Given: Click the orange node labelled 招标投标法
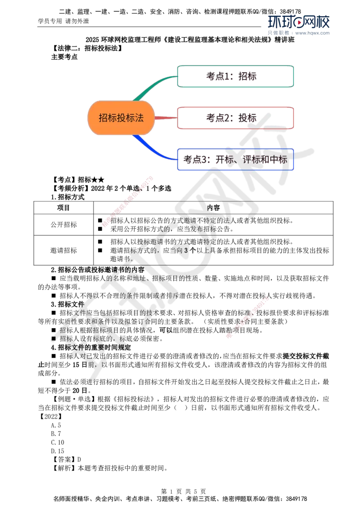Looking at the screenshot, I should [x=121, y=118].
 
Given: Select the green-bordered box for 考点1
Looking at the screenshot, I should [x=236, y=76].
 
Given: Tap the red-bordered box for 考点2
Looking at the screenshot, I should [x=236, y=118].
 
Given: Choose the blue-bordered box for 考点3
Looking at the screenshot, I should [x=236, y=160].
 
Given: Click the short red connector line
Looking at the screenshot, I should [x=166, y=118].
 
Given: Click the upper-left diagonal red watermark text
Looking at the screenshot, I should [x=128, y=202].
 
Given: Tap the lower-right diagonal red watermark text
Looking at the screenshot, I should [x=247, y=317].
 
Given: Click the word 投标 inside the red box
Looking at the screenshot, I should [x=247, y=118].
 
